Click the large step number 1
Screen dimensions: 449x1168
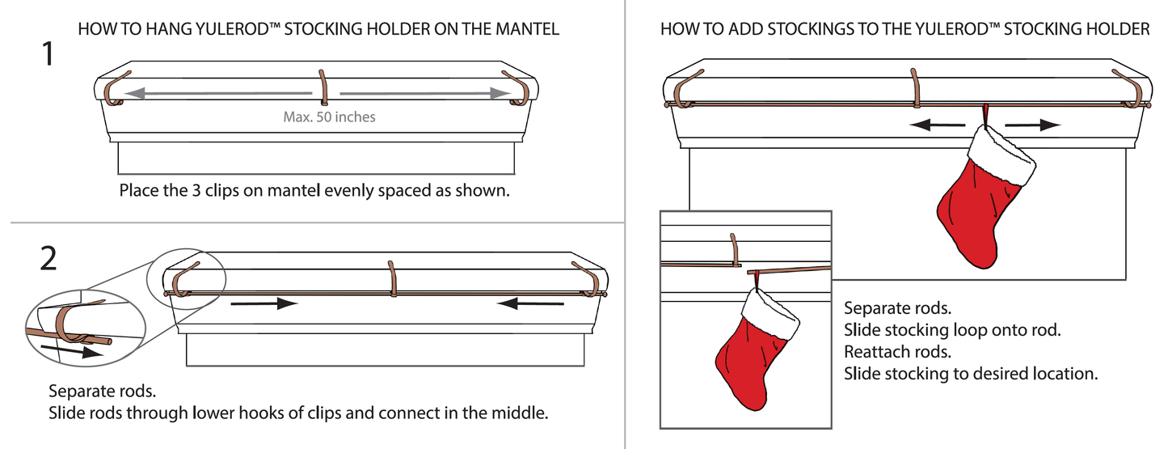[48, 55]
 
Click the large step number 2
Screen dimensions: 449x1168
[48, 258]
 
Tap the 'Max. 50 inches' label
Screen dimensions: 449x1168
[329, 117]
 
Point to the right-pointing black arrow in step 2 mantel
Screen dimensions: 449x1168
[264, 303]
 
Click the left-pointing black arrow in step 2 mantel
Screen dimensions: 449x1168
[530, 303]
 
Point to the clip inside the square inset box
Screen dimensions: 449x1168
[735, 249]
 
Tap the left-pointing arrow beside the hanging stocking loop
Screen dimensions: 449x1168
[937, 125]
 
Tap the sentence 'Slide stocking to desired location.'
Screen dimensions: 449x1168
[971, 374]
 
